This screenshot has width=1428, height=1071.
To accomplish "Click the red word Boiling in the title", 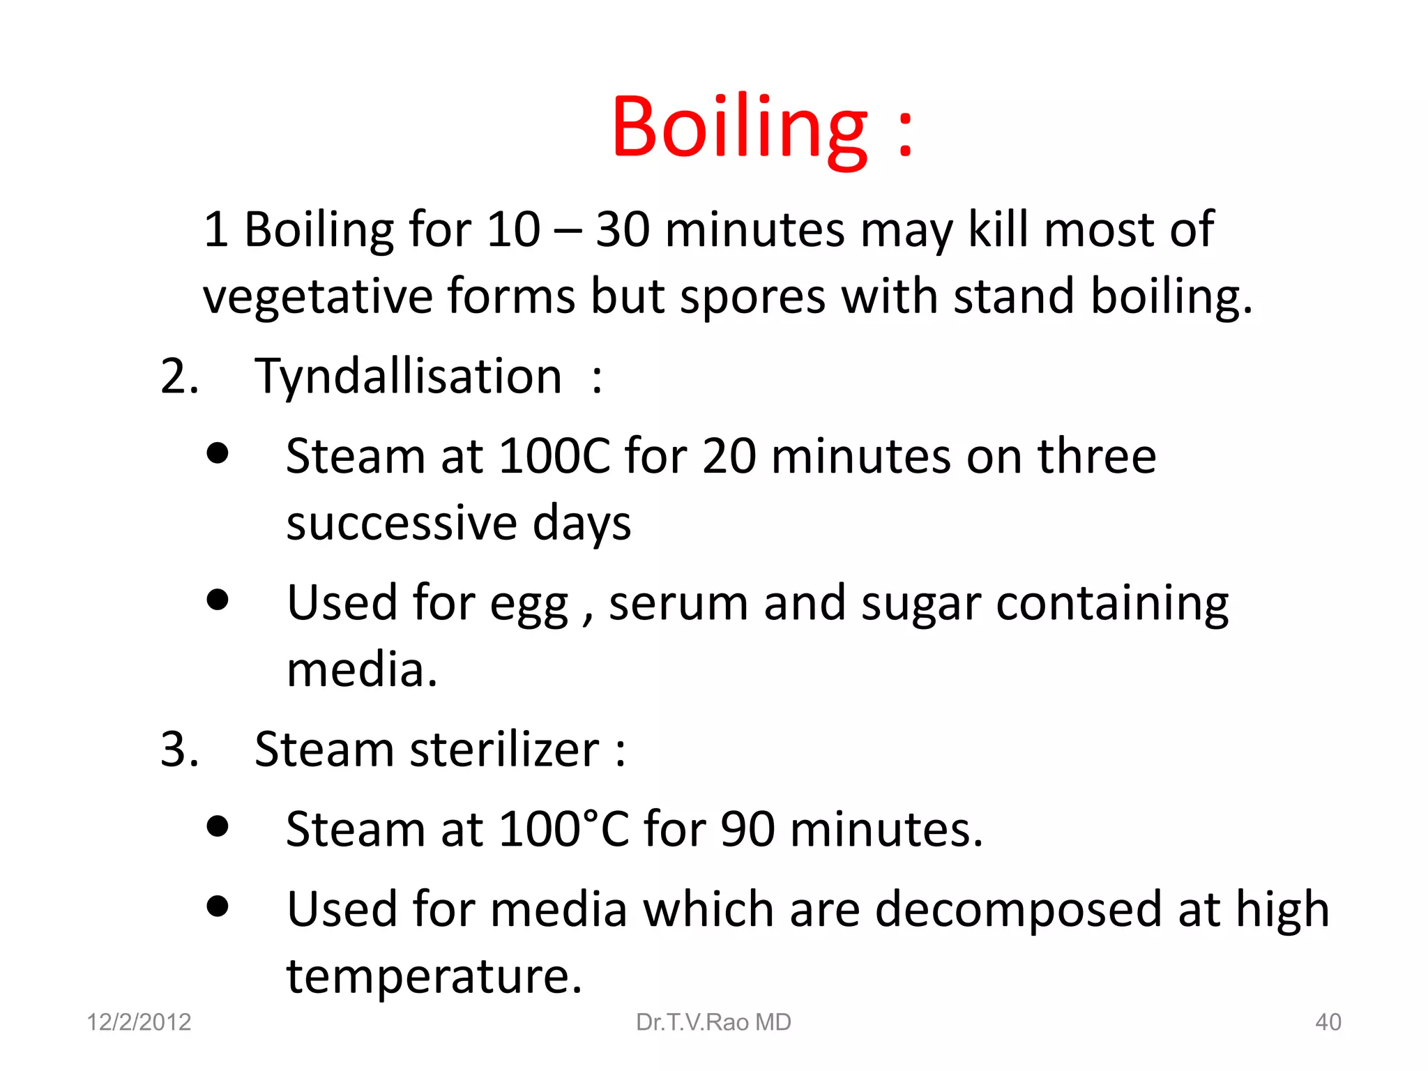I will click(x=739, y=129).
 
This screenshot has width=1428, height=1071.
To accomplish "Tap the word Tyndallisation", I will click(x=408, y=377).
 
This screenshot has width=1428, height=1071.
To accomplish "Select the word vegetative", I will click(x=317, y=296).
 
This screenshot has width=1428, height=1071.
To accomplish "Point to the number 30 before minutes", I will click(x=623, y=229).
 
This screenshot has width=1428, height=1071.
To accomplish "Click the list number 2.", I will click(x=178, y=377).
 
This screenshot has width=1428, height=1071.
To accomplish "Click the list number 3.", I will click(x=178, y=750).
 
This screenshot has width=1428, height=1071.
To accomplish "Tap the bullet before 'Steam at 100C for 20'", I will click(x=218, y=453).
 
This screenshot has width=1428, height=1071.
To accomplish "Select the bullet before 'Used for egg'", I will click(x=218, y=600).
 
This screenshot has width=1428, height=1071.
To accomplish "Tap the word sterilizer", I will click(x=504, y=750).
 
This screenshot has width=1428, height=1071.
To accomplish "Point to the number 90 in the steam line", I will click(x=747, y=830).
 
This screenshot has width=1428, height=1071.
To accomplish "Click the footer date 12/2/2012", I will click(x=139, y=1022).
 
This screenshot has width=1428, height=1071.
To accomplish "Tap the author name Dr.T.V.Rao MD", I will click(x=713, y=1022).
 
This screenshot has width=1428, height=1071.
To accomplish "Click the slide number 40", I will click(x=1328, y=1022).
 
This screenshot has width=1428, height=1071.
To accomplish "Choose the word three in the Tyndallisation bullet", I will click(x=1097, y=457).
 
